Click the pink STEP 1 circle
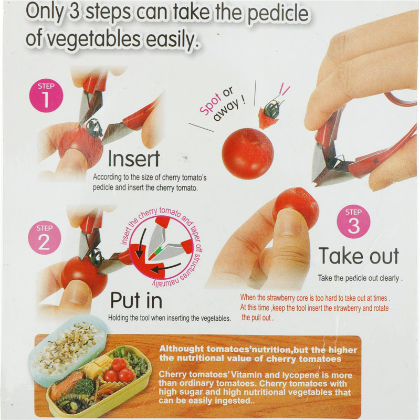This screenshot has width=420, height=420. pos(46,96)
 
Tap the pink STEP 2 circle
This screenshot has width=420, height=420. pos(45,238)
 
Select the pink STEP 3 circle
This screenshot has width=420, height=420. pos(353,222)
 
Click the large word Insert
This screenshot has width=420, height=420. pos(134,159)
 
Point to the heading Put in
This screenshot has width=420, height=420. pos(136,300)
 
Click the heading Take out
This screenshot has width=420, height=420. pos(359,256)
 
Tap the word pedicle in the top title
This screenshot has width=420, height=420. pos(278,14)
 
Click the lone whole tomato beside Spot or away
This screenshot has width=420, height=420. pos(248,153)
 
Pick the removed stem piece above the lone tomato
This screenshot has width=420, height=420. pos(269,114)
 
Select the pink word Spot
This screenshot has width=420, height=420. pos(211,104)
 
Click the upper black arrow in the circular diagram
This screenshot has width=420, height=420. pos(141,243)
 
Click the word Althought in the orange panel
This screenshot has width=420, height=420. pos(181,349)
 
